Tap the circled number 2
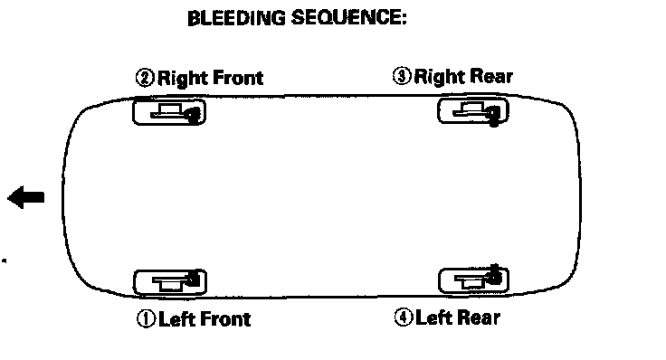(x=145, y=78)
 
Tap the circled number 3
(x=402, y=76)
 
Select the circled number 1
(x=146, y=318)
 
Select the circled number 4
(x=403, y=317)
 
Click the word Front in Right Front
(x=238, y=78)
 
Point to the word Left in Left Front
(x=176, y=318)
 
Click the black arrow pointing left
(x=26, y=197)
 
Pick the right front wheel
(x=169, y=111)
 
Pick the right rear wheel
(x=473, y=110)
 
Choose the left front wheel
(x=170, y=282)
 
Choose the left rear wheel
(x=473, y=280)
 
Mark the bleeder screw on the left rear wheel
(x=494, y=275)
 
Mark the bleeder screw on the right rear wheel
(x=493, y=116)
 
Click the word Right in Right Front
(x=183, y=79)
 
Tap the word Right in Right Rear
(x=440, y=77)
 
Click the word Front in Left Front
(x=225, y=318)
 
